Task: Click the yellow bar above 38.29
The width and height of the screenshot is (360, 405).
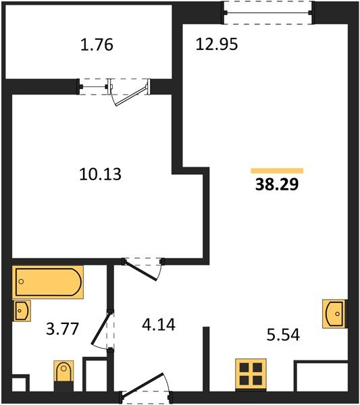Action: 277,171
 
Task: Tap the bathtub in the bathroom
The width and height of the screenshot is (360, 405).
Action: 47,282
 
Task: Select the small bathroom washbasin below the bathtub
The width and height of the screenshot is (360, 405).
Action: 22,310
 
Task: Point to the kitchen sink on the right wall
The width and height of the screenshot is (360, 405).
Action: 334,313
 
